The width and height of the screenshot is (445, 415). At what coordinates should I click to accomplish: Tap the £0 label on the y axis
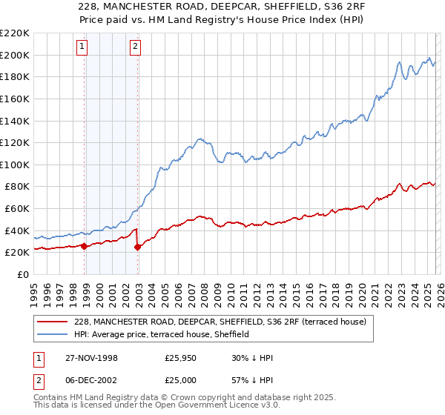point(22,274)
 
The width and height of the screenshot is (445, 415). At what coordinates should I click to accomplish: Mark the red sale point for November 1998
point(85,246)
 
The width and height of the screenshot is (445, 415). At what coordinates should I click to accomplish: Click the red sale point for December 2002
point(138,247)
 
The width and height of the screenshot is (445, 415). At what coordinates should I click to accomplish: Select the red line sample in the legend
point(53,322)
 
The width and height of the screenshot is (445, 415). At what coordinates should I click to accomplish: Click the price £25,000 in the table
point(182,380)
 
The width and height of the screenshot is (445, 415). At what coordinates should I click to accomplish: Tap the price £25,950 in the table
point(182,358)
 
